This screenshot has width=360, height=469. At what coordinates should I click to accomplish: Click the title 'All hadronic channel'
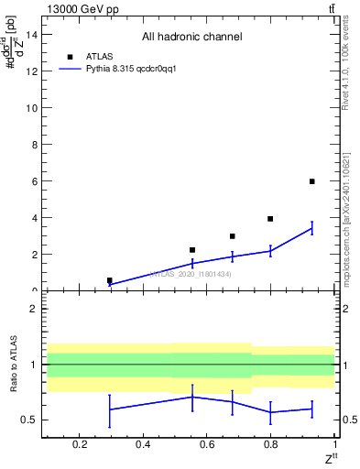click(x=191, y=38)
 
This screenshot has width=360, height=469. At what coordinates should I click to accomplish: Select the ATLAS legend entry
click(x=101, y=56)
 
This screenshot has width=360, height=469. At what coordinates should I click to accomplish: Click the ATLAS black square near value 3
click(x=233, y=236)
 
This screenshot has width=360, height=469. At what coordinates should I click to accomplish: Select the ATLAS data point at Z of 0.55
click(x=192, y=250)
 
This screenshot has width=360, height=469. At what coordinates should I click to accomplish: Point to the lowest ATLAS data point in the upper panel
click(x=110, y=280)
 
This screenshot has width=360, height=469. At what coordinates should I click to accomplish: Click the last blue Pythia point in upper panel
click(x=312, y=228)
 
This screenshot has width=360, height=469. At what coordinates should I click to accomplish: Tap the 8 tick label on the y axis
click(x=34, y=145)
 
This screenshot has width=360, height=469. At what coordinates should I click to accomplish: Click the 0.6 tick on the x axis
click(x=206, y=445)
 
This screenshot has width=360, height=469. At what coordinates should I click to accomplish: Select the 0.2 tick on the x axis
click(x=80, y=445)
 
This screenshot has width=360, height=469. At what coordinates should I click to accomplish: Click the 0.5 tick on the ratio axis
click(x=29, y=420)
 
